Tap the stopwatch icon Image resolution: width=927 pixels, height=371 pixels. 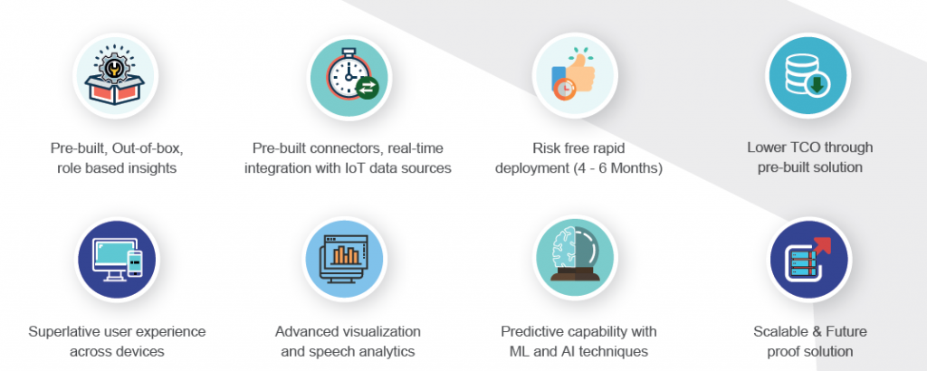349,76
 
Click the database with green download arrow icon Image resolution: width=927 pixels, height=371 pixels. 809,76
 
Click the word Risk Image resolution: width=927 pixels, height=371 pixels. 548,147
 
